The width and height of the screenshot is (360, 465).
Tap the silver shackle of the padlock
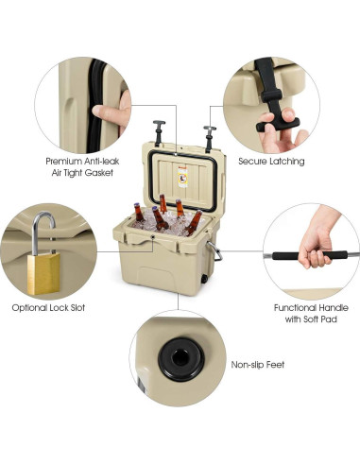tap(43, 232)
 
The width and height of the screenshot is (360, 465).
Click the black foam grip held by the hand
tap(316, 255)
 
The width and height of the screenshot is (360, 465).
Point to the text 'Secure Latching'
tap(271, 162)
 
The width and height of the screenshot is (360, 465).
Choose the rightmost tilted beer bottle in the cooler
tap(194, 223)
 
